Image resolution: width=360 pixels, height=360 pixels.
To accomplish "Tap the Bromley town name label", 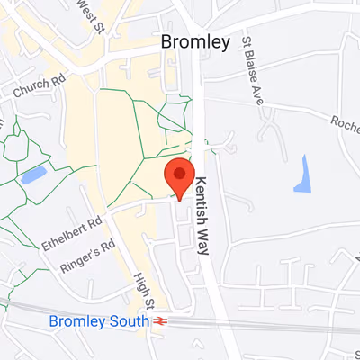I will [195, 41].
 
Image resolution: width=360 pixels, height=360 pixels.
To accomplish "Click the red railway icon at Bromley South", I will [161, 320].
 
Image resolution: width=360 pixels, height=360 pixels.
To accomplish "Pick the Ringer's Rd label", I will [88, 256].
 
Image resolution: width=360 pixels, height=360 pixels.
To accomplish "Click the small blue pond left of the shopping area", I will [33, 174].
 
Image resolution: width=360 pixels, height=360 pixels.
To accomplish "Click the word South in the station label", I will [129, 320].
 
